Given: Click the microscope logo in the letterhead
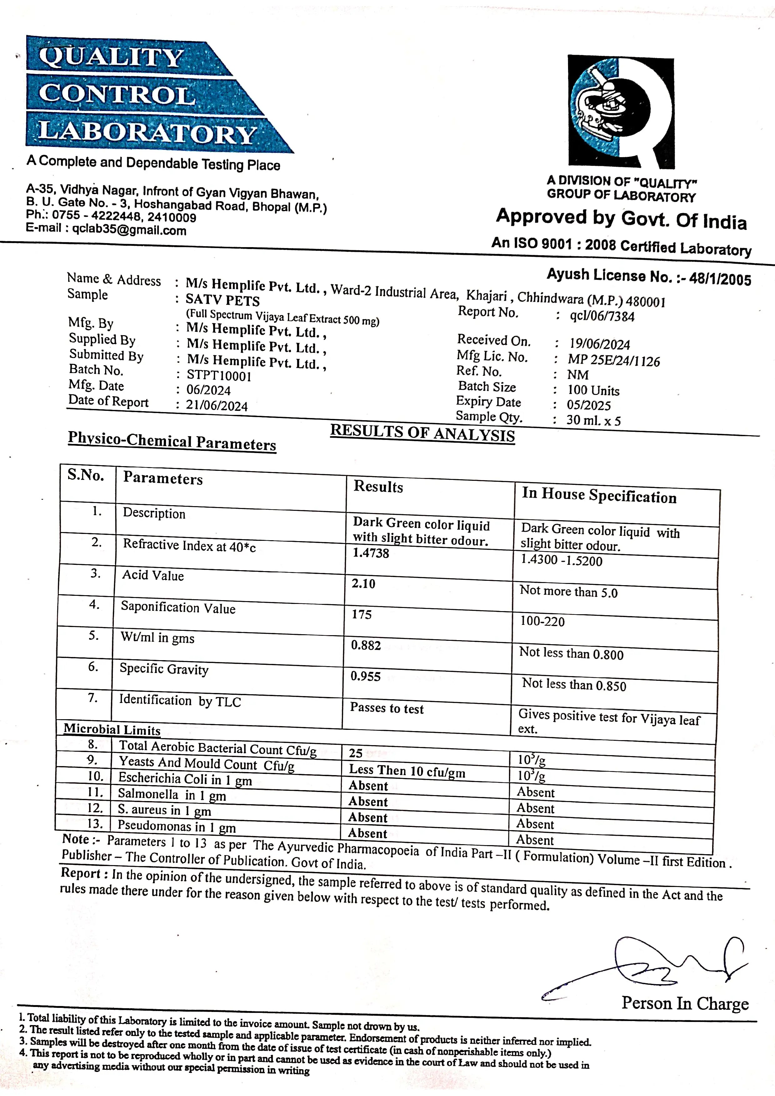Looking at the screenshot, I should coord(621,112).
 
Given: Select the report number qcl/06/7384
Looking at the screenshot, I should coord(602,316).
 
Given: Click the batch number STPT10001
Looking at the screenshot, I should coord(219,376).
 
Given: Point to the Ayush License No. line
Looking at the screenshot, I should coord(648,276).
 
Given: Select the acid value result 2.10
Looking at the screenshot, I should coord(363,583).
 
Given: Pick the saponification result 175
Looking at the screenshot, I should coord(361,614).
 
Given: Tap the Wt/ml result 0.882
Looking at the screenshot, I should coord(366,645).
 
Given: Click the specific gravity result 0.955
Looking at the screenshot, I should coord(365,676).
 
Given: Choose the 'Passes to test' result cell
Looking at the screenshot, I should coord(386,708).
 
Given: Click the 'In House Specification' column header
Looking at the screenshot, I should coord(599,496).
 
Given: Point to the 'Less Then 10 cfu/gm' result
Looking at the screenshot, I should coord(407,771).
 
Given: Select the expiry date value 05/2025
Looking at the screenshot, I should coord(589,405).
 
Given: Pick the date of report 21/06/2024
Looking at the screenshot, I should coord(217,406).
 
